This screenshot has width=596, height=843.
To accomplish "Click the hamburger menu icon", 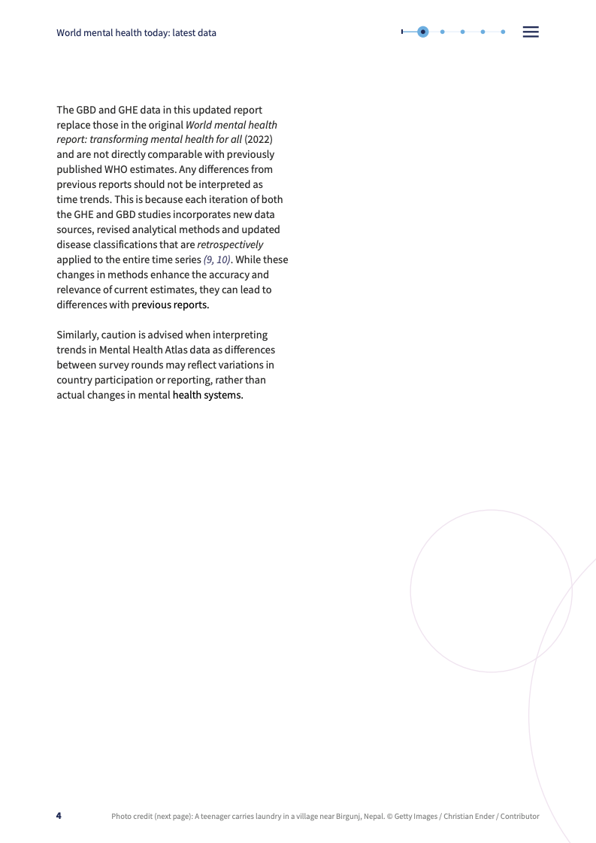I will coord(531,32).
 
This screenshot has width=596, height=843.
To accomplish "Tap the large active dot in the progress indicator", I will coord(423,32).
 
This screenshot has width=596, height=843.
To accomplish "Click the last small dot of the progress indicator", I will coord(503,32).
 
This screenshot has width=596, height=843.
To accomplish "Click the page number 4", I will coord(59,816).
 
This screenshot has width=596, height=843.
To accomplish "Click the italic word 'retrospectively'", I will coord(230,244).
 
